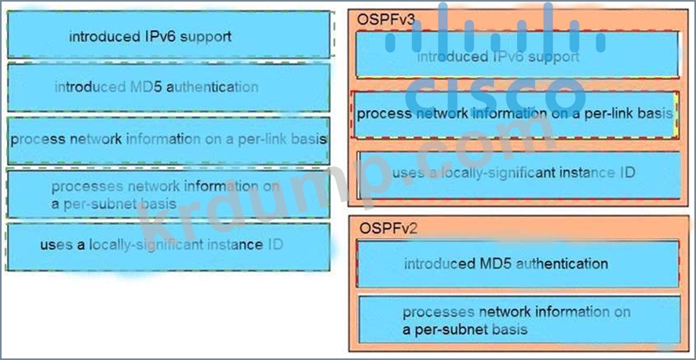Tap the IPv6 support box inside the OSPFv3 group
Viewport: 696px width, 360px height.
[516, 56]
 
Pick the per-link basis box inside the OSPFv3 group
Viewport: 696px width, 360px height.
[515, 114]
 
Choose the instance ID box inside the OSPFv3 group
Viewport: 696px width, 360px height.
[516, 173]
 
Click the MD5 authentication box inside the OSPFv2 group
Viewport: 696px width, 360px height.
[516, 264]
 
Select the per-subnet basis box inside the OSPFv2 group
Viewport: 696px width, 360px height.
[516, 320]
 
